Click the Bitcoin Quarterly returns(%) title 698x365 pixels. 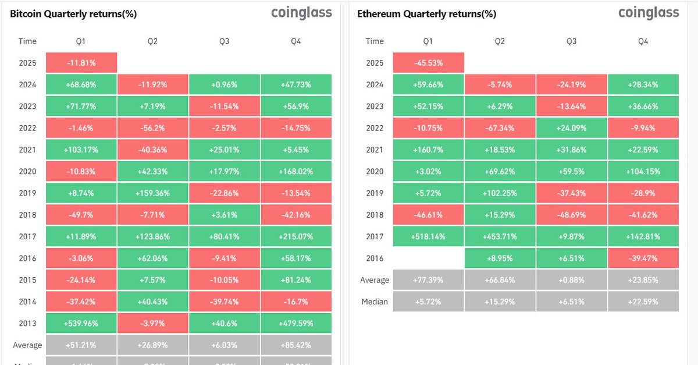tap(73, 14)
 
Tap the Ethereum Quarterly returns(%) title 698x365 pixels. tap(426, 14)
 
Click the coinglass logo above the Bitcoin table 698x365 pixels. tap(301, 13)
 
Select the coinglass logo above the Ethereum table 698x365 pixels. tap(649, 13)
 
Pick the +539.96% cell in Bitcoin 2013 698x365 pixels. tap(81, 323)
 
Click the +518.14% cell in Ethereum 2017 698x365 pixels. tap(428, 236)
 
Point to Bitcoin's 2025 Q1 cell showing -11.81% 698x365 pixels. tap(81, 63)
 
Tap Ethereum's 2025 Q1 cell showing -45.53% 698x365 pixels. tap(428, 63)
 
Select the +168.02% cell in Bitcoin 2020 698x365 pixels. tap(296, 171)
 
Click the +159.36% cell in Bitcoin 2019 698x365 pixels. tap(152, 193)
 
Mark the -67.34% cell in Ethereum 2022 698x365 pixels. tap(500, 128)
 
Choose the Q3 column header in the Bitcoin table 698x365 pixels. tap(225, 41)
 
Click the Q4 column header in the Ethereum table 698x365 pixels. tap(643, 41)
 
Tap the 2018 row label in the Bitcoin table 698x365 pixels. tap(27, 215)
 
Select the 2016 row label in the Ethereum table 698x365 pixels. tap(375, 258)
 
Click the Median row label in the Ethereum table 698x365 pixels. tap(375, 302)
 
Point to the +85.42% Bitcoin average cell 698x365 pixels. tap(296, 345)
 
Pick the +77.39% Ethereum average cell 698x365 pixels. tap(428, 280)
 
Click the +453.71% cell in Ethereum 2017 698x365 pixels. tap(500, 236)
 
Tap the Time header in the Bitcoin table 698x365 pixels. tap(27, 41)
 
